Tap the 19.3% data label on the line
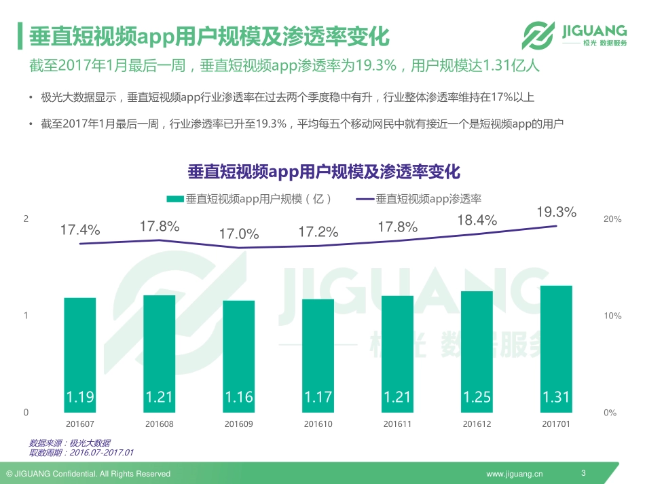point(556,212)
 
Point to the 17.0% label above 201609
point(239,234)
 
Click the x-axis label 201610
point(318,425)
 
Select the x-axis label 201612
point(477,425)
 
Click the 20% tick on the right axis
point(612,219)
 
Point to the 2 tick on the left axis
point(26,219)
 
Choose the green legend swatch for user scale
point(174,199)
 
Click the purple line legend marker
point(365,199)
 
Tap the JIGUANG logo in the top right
point(574,34)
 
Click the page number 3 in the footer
point(583,472)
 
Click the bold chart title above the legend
point(324,171)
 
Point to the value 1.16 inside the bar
point(239,397)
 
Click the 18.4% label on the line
point(477,220)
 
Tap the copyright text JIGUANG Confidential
point(88,473)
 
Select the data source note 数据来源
point(70,443)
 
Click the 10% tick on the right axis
point(612,316)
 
